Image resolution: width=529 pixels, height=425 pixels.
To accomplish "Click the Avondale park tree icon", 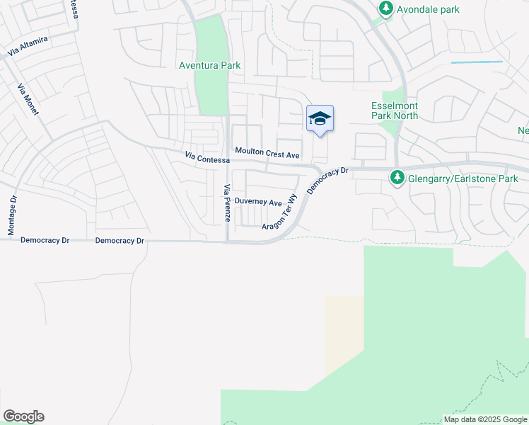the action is tap(385, 9).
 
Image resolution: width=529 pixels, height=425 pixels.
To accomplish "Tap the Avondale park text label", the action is tap(427, 9).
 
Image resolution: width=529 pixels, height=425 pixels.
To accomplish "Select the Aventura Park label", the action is tap(209, 65).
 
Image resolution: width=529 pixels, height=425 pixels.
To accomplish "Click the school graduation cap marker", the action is tap(320, 119).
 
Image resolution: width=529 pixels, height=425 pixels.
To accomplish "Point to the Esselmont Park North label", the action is tap(395, 110).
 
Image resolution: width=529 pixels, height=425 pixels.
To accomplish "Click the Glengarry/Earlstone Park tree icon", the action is tap(398, 178).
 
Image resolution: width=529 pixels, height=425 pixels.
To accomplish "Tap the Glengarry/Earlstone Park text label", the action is tap(463, 179).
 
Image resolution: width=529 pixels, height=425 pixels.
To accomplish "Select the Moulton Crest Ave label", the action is tap(268, 153).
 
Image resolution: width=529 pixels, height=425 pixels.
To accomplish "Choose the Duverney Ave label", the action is tap(258, 202).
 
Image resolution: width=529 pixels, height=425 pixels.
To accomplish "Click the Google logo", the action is tap(23, 416).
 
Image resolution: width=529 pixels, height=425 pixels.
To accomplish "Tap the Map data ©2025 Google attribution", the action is tap(484, 419).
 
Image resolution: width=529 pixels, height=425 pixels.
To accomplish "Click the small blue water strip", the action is tap(476, 62).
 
